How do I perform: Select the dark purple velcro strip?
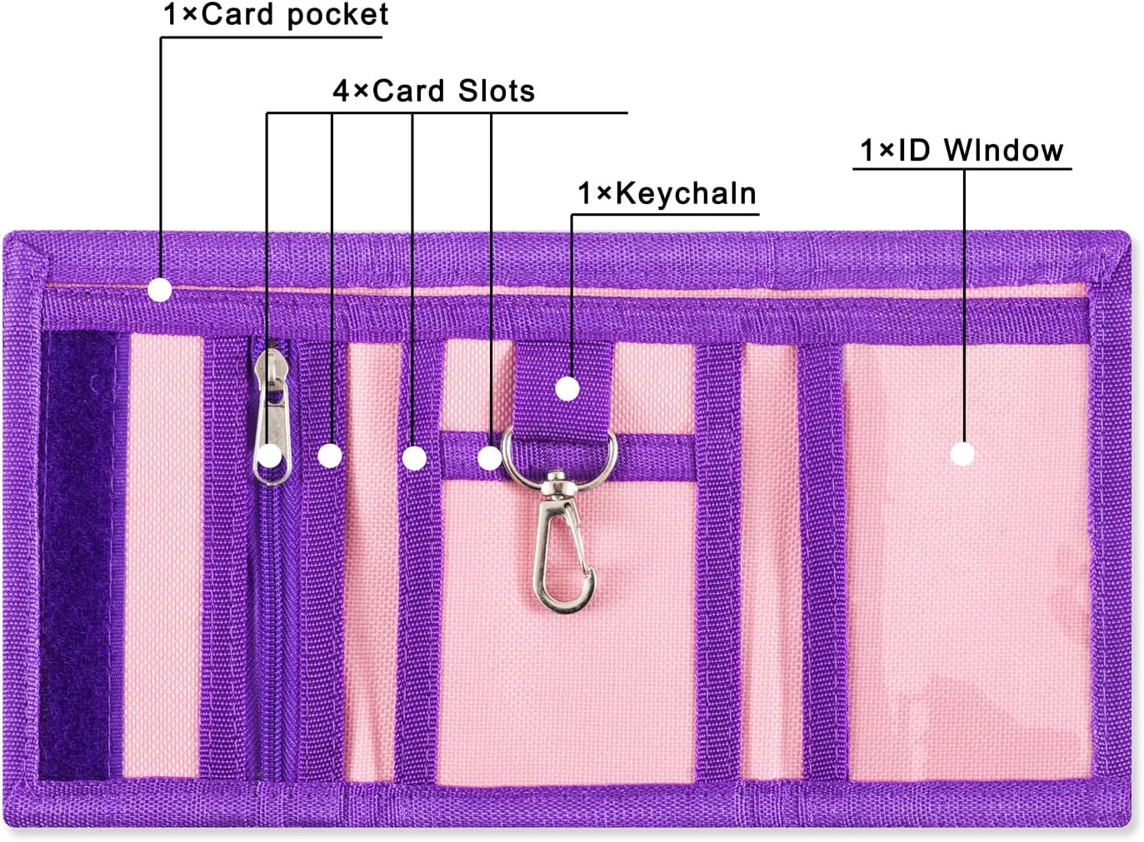pyautogui.click(x=79, y=554)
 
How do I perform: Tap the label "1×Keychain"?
pyautogui.click(x=667, y=193)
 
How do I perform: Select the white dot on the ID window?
pyautogui.click(x=963, y=454)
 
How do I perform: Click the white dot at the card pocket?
pyautogui.click(x=160, y=290)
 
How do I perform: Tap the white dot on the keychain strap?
pyautogui.click(x=567, y=388)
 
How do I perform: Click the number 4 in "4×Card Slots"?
pyautogui.click(x=342, y=91)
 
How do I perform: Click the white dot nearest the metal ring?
pyautogui.click(x=490, y=457)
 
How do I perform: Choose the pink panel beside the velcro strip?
pyautogui.click(x=161, y=554)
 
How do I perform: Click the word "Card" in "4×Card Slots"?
pyautogui.click(x=408, y=91)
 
